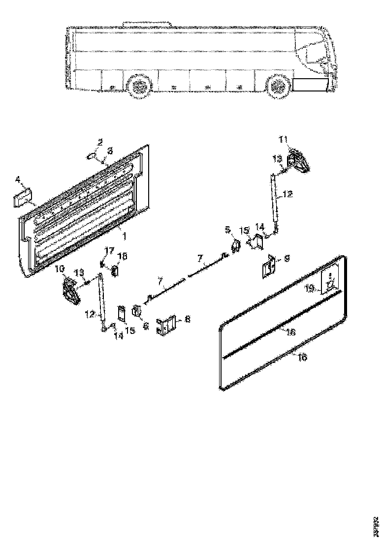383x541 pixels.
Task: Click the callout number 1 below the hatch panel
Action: click(x=124, y=236)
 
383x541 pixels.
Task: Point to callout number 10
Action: click(x=59, y=270)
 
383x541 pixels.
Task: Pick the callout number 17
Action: click(x=109, y=251)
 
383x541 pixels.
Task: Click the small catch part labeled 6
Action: click(x=137, y=311)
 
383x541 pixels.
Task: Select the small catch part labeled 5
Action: click(x=235, y=244)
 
